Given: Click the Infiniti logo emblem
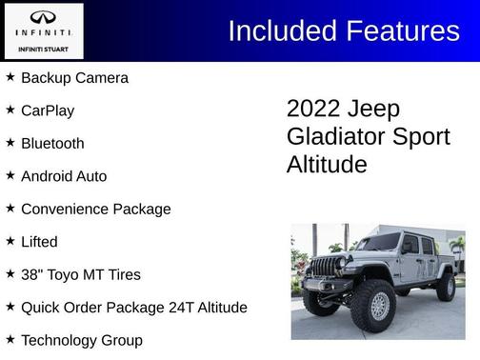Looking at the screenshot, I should (43, 17).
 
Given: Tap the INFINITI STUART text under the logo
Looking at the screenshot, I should (43, 49).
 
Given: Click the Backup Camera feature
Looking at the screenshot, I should (74, 78).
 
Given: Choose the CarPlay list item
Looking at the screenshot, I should (48, 110).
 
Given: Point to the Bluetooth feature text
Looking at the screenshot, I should (52, 144).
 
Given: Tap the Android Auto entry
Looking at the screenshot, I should (64, 176).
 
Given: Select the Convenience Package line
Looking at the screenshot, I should (96, 210).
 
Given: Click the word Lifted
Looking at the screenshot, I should (39, 242).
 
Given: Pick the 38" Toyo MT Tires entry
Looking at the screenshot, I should (81, 275).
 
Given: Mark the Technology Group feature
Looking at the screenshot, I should (82, 340).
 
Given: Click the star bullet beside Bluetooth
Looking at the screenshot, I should (10, 143).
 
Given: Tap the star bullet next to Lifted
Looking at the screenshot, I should (10, 241).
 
